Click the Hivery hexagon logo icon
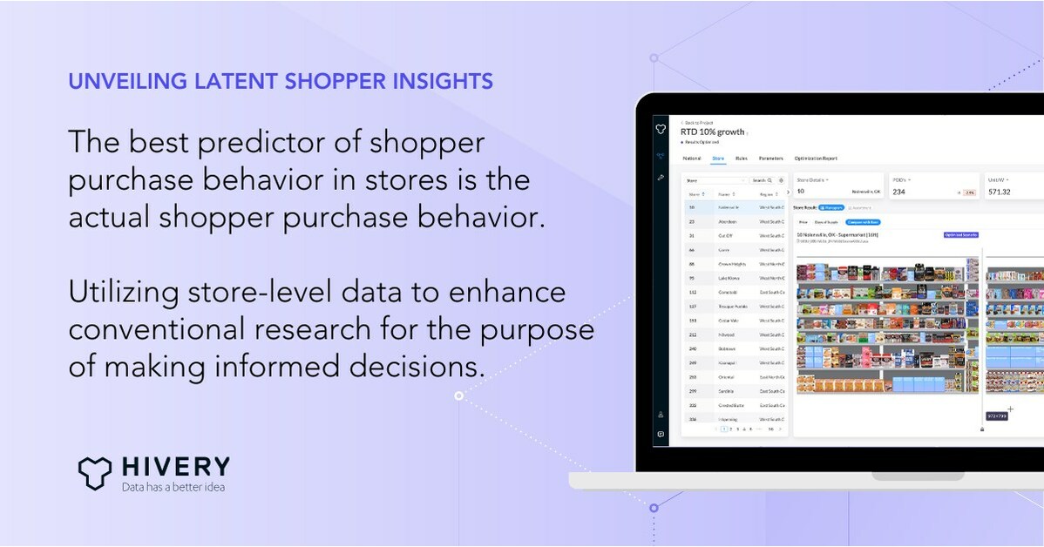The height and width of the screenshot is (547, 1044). tap(95, 471)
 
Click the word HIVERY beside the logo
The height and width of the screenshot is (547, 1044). tap(176, 467)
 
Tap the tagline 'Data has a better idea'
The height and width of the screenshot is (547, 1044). tap(173, 487)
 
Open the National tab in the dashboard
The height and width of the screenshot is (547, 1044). tap(692, 159)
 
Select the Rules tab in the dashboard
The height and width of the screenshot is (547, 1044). tap(741, 159)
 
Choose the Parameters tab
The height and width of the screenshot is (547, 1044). tap(770, 159)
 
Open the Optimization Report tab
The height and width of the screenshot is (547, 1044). tap(816, 159)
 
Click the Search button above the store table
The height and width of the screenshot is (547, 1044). tap(761, 180)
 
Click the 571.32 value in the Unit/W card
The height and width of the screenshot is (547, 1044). tap(999, 192)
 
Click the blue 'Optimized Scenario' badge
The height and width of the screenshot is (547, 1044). tap(961, 234)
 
